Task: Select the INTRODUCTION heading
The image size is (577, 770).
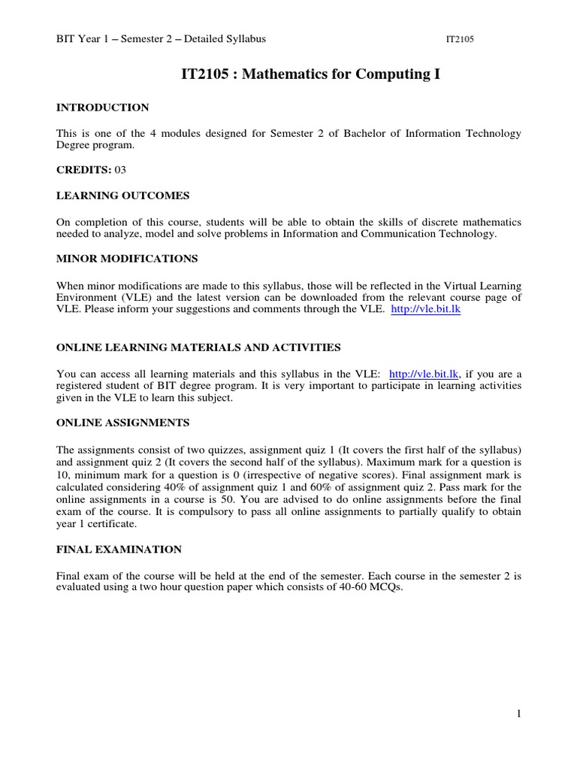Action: click(103, 108)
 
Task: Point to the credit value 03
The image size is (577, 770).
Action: click(119, 170)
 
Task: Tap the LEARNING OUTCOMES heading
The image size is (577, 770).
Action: click(123, 196)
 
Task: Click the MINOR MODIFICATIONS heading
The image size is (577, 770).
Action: click(127, 259)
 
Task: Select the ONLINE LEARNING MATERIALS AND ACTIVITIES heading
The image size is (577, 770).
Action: click(198, 347)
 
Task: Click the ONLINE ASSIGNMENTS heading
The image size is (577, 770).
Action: click(123, 423)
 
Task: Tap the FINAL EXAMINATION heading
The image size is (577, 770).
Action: click(119, 550)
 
